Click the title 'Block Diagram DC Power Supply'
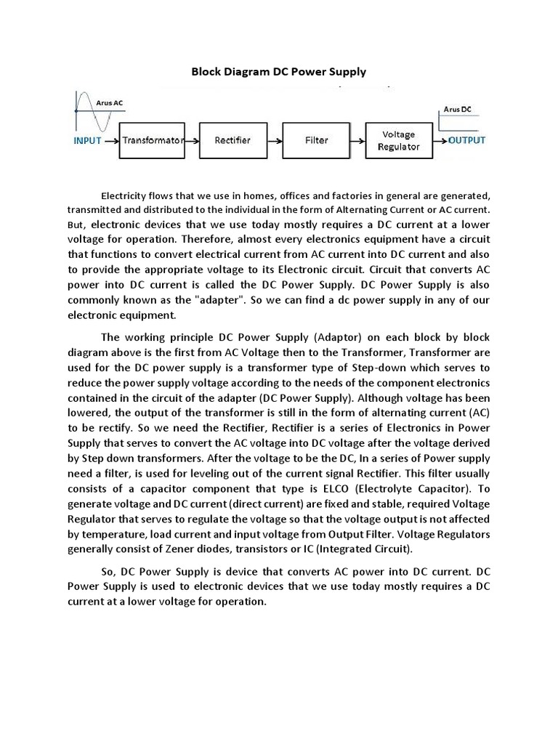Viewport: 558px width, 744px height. pos(278,72)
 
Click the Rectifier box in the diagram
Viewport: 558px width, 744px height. pos(233,140)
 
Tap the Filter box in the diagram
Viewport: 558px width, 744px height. pos(317,140)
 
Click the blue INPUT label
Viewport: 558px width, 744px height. pos(87,141)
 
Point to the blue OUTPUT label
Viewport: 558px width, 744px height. pos(466,140)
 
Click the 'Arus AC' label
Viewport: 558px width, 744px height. pos(110,103)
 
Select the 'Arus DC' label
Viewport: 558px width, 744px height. pos(457,109)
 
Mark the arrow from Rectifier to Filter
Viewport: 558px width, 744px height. pos(275,140)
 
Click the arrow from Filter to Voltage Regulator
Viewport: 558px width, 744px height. pos(357,140)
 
